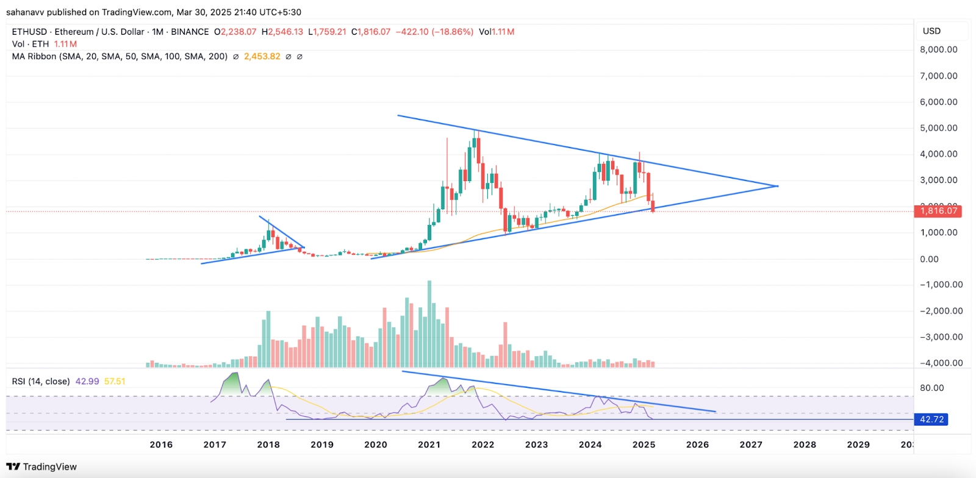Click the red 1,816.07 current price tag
938,211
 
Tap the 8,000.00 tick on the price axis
938,49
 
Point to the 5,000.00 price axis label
938,128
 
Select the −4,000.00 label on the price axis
941,363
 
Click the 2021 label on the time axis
429,444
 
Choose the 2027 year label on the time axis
751,444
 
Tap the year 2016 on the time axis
161,444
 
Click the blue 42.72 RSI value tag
931,419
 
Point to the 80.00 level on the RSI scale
931,388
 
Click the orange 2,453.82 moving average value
262,56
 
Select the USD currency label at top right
931,31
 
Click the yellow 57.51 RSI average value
115,381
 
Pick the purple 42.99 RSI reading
87,381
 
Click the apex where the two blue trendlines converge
778,186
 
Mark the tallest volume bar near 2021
429,323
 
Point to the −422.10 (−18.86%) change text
434,32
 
